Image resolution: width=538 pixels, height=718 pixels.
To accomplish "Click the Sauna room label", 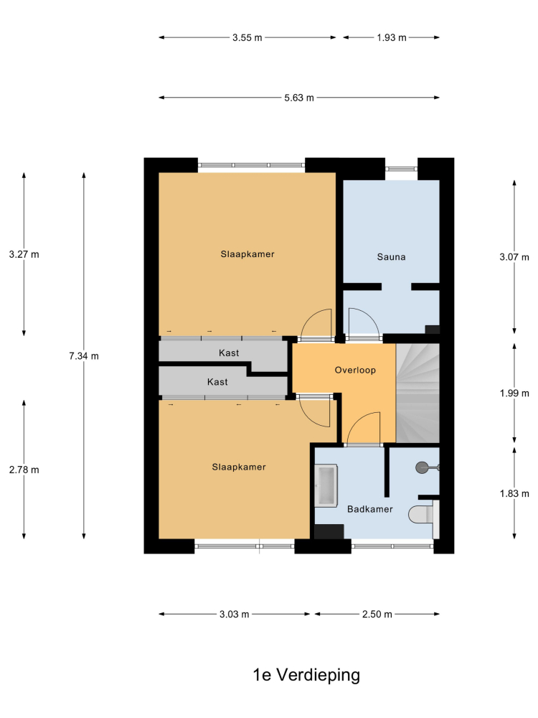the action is [x=391, y=257].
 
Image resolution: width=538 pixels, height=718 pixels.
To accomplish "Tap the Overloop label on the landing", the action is [x=355, y=370].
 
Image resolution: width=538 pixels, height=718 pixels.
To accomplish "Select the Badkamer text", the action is [x=369, y=509].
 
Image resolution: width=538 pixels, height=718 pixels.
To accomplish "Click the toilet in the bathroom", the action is [x=421, y=514].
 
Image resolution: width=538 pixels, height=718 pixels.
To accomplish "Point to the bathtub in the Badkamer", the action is [x=326, y=485].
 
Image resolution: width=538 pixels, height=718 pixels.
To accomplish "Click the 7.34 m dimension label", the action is [x=84, y=356].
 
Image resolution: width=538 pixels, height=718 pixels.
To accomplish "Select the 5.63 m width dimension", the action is [x=299, y=98].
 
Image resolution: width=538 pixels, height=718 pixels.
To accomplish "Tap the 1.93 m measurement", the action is [x=392, y=37].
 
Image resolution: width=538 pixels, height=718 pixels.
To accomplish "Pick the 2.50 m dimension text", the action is [x=377, y=614].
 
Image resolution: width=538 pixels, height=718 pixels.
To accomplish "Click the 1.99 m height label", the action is [x=514, y=393].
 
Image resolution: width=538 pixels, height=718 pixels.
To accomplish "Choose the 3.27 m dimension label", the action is [x=24, y=254].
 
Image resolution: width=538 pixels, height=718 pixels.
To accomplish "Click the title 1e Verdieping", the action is [x=306, y=675].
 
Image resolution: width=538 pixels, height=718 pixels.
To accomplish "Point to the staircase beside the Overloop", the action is [x=417, y=393].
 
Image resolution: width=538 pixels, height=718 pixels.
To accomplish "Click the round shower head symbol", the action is [x=422, y=467].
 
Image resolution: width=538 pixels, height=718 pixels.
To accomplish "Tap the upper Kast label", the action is [x=229, y=353].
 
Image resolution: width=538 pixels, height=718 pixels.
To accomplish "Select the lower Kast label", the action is [x=217, y=382].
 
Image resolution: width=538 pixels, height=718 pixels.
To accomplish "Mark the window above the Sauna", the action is [x=401, y=169].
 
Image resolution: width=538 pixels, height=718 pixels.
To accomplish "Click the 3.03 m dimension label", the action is [x=235, y=614].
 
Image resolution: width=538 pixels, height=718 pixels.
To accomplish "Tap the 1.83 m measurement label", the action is [x=514, y=493].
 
